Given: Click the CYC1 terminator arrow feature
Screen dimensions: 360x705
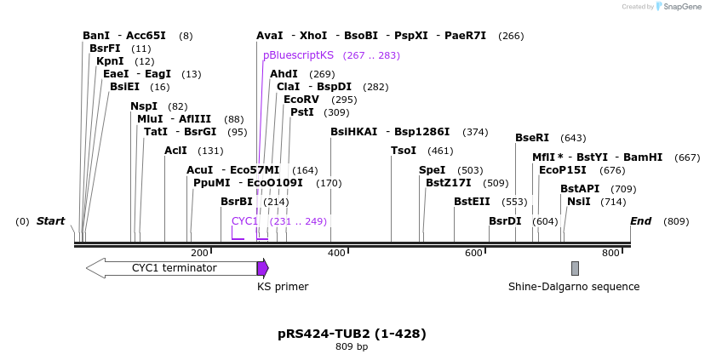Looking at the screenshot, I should (x=171, y=268).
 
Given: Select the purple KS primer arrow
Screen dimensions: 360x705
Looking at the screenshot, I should (x=263, y=268).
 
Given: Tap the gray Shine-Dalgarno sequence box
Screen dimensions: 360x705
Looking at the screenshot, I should (x=575, y=268).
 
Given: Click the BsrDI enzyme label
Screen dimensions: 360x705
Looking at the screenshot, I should (x=505, y=221).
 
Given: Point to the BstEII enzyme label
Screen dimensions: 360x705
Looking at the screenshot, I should (x=472, y=202).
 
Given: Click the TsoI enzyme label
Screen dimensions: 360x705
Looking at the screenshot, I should (x=404, y=151).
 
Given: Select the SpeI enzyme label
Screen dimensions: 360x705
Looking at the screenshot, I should (x=432, y=170).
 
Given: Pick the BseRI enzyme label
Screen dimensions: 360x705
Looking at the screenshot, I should (x=532, y=138).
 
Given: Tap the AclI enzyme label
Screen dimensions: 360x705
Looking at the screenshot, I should (x=175, y=151).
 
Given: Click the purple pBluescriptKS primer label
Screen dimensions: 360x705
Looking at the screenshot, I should (x=298, y=55).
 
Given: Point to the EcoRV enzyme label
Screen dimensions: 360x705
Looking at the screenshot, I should (x=301, y=100).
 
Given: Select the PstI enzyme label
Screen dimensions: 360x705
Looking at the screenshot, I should (x=302, y=112).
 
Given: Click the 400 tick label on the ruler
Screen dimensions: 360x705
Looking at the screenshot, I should (x=337, y=253).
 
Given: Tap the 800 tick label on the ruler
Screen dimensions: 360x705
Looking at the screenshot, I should (x=610, y=253).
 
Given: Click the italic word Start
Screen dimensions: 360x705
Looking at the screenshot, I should (x=50, y=221).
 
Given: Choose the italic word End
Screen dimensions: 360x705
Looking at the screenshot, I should (x=640, y=221).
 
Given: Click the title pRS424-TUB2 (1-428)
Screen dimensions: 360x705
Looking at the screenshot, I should (x=352, y=334).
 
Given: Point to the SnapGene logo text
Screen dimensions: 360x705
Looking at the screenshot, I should (x=680, y=7).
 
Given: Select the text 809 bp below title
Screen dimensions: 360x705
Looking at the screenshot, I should (x=352, y=347).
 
